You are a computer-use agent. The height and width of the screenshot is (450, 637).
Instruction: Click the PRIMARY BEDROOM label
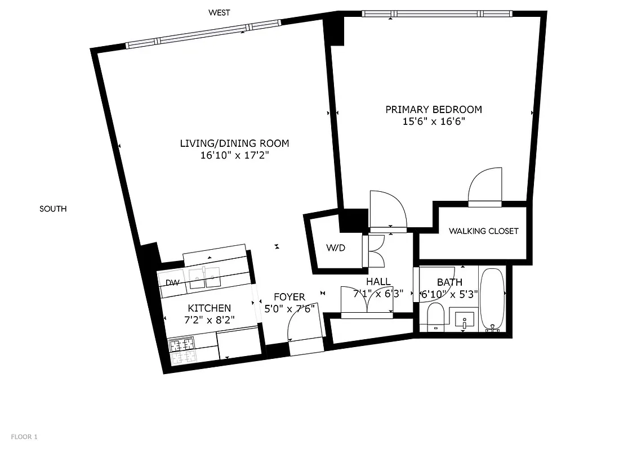[x=433, y=110]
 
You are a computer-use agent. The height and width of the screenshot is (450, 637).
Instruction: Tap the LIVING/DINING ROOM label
[x=234, y=143]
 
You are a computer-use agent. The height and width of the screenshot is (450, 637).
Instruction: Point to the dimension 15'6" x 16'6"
[x=433, y=121]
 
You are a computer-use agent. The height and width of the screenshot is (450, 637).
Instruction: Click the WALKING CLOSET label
[x=483, y=231]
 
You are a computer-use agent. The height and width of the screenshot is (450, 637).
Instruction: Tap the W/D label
[x=336, y=248]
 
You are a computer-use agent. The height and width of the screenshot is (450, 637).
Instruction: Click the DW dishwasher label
[x=172, y=283]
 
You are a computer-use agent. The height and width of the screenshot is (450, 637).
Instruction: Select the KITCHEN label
[x=209, y=308]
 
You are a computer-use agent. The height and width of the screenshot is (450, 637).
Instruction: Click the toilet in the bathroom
[x=435, y=317]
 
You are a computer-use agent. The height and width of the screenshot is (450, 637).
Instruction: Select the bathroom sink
[x=464, y=319]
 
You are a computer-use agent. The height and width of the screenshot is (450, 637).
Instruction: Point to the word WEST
[x=219, y=12]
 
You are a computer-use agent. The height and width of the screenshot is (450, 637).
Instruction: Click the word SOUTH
[x=53, y=209]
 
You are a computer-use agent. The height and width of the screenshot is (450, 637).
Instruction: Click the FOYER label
[x=289, y=297]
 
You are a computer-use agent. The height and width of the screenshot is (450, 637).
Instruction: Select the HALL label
[x=378, y=281]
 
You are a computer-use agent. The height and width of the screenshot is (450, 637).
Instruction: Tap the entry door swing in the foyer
[x=303, y=323]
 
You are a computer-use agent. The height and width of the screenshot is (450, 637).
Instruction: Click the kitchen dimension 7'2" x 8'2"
[x=209, y=320]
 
